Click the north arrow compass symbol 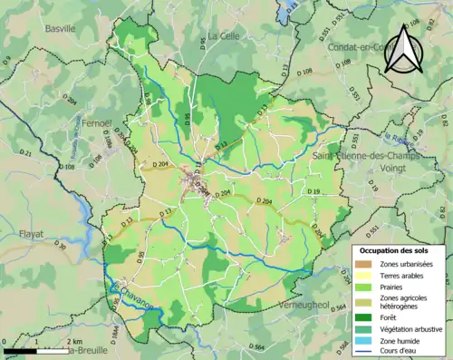click(402, 48)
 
